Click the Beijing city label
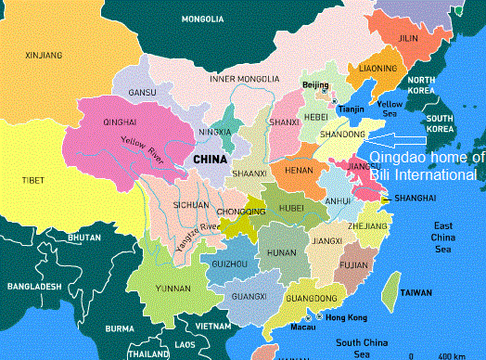pyautogui.click(x=315, y=85)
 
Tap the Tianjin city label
pyautogui.click(x=352, y=109)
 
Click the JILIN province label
pyautogui.click(x=408, y=39)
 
